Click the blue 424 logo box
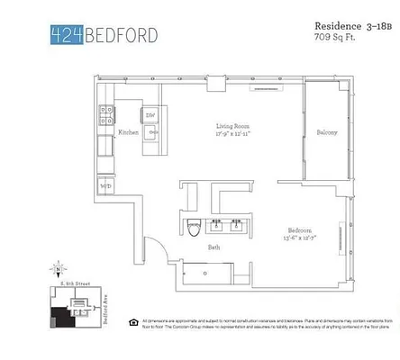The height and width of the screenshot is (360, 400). [66, 35]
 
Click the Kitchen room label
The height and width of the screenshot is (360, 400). [127, 133]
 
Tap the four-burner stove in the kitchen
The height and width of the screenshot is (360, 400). [106, 114]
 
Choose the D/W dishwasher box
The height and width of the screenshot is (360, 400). [150, 115]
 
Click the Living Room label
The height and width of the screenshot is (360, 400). [232, 126]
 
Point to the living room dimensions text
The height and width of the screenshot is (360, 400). [232, 134]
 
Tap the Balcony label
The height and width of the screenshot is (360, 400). [325, 133]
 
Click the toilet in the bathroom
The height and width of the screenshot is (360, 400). [194, 229]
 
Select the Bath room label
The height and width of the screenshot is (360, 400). [214, 247]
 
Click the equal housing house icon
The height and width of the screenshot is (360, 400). [132, 321]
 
